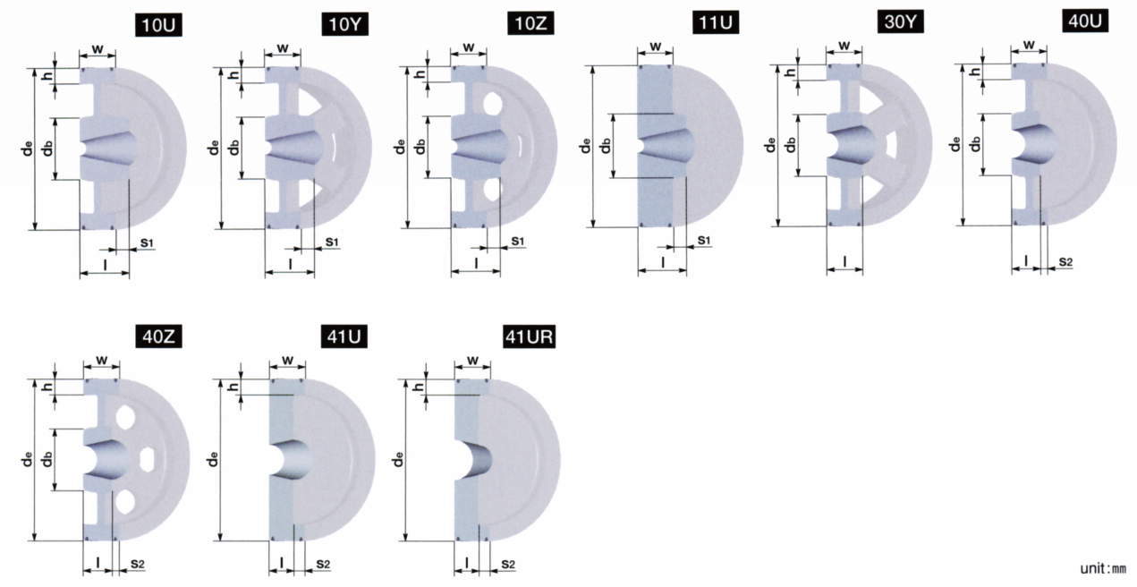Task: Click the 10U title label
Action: (159, 25)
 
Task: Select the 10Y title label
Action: (345, 24)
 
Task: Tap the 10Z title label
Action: (531, 23)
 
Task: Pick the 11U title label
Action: (716, 22)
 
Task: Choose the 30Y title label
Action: (901, 21)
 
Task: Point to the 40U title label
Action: (1085, 21)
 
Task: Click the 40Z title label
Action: (159, 336)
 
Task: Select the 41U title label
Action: (344, 336)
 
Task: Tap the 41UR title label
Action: (530, 336)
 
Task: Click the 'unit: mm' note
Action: (1103, 568)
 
